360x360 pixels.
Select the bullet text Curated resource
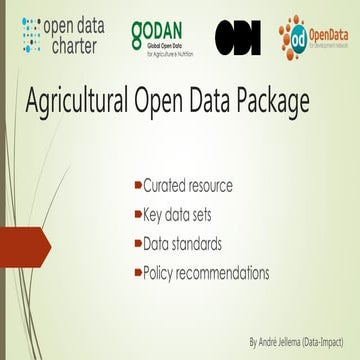pyautogui.click(x=188, y=185)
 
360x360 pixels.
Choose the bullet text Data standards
pyautogui.click(x=181, y=242)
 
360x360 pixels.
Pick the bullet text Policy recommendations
pyautogui.click(x=206, y=271)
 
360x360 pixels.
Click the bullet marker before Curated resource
pyautogui.click(x=138, y=185)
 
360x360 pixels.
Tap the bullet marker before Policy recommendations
pyautogui.click(x=138, y=271)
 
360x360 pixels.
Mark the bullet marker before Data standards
pyautogui.click(x=138, y=242)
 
